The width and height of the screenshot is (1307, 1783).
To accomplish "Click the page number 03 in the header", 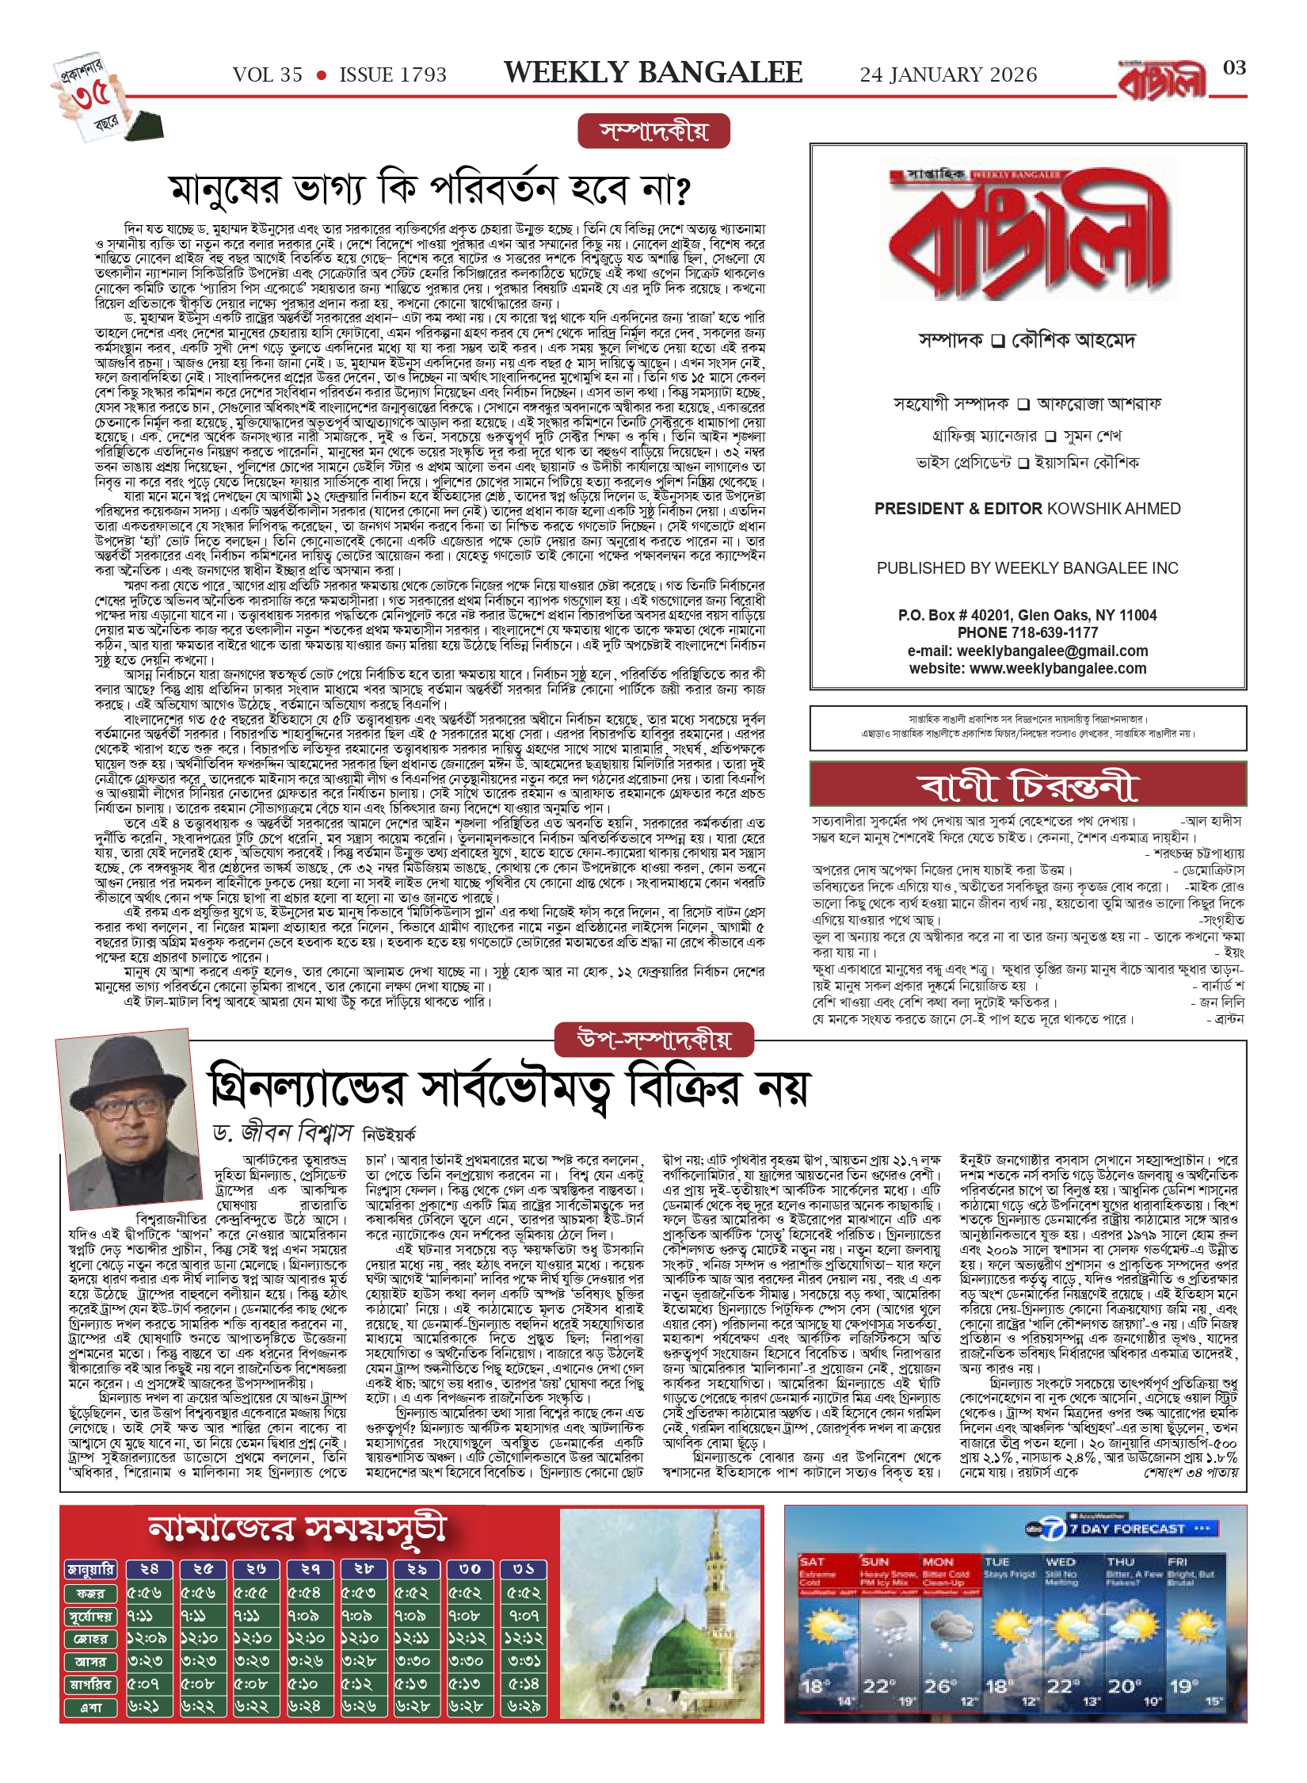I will (1234, 68).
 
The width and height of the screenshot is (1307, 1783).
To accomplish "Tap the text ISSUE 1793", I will (393, 75).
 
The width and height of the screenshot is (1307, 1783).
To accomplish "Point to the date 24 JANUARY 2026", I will (948, 75).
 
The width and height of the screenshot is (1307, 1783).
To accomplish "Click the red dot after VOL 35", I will (321, 75).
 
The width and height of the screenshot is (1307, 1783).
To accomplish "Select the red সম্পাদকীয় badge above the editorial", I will (653, 132).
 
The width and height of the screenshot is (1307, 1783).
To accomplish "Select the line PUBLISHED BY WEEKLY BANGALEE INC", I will (1027, 568).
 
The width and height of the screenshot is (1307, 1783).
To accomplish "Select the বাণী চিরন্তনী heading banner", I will (1027, 785).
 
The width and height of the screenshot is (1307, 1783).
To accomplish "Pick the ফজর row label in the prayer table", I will (90, 1593).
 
